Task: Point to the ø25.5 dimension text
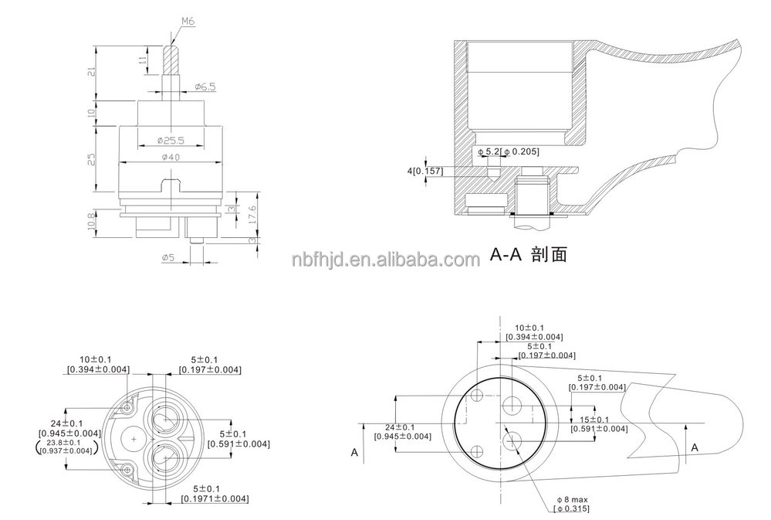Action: click(170, 141)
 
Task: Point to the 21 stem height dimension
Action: click(91, 72)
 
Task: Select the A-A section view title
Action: click(529, 254)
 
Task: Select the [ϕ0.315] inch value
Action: click(570, 508)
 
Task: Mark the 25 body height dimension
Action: click(91, 158)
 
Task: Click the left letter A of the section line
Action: click(354, 453)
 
